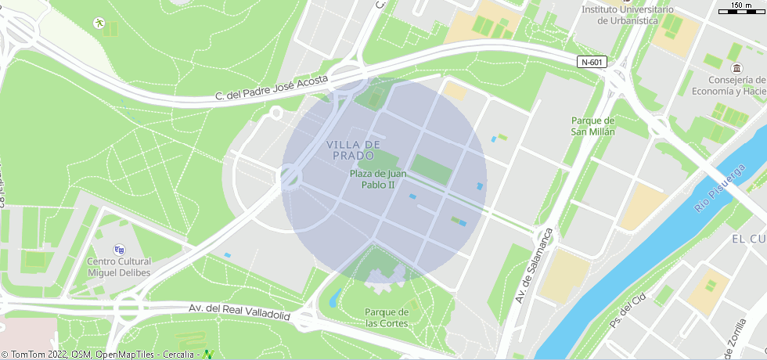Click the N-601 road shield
(592, 62)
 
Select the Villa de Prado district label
(353, 150)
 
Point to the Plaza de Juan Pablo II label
(378, 179)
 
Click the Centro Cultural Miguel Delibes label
(118, 267)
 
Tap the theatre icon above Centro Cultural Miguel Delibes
(119, 249)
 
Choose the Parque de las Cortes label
(387, 318)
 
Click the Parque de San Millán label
(593, 126)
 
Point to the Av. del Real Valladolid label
(239, 311)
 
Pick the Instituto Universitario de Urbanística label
(628, 14)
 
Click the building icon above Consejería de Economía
(736, 69)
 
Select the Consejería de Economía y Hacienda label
(736, 85)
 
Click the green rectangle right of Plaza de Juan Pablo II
(430, 169)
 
